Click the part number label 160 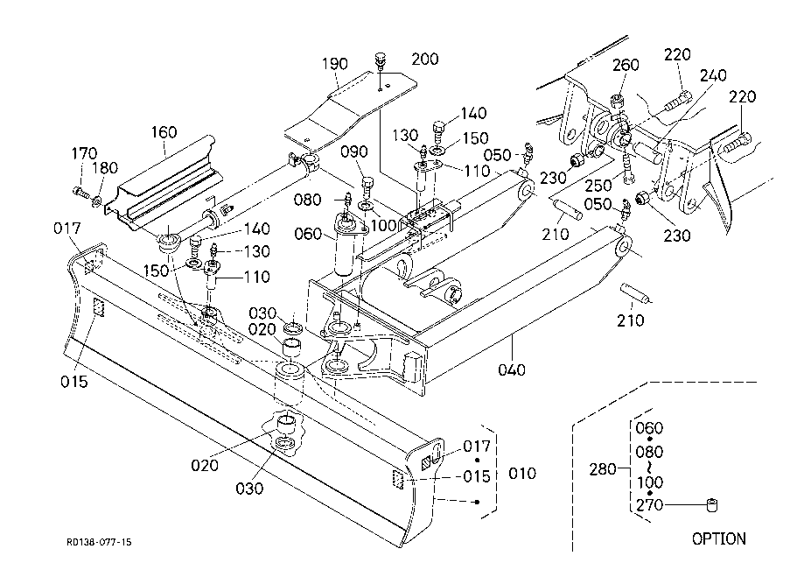164,132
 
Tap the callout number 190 334,64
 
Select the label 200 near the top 425,59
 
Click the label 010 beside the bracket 521,475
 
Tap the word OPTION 719,538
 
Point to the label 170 84,154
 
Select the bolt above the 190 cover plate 380,60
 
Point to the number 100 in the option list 648,482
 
